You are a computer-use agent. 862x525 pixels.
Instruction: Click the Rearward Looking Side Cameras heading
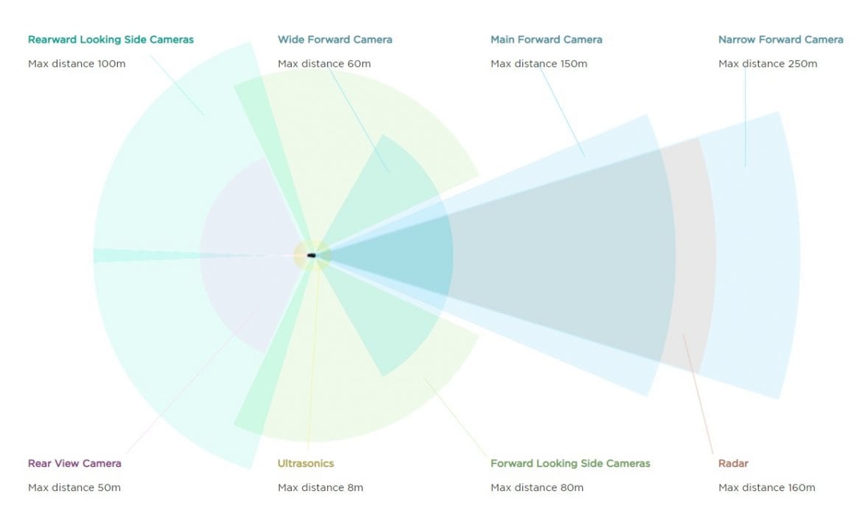coord(111,40)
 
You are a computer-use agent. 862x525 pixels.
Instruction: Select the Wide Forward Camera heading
coord(334,40)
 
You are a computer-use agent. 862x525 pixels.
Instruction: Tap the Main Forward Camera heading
coord(547,40)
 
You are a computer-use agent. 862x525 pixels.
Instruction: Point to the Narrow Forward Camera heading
coord(781,40)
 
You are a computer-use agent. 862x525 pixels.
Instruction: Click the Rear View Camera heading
coord(74,463)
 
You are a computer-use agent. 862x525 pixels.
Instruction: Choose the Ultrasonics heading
coord(306,463)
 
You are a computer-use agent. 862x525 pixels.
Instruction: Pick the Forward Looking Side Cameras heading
coord(570,463)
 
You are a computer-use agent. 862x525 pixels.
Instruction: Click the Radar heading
coord(733,463)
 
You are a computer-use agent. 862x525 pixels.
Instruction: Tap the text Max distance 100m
coord(77,64)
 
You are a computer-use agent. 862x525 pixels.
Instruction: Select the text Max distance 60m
coord(323,64)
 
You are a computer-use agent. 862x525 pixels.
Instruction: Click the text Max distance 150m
coord(539,64)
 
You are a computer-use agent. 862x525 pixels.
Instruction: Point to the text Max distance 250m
coord(768,64)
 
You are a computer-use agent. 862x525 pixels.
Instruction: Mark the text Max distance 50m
coord(74,487)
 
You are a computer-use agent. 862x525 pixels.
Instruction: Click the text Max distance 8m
coord(320,487)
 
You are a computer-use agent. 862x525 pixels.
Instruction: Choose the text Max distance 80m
coord(536,487)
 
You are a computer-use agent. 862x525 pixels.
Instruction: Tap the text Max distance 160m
coord(766,487)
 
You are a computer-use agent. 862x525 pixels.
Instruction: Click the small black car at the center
coord(311,256)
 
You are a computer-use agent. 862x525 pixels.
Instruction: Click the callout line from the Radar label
coord(698,394)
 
